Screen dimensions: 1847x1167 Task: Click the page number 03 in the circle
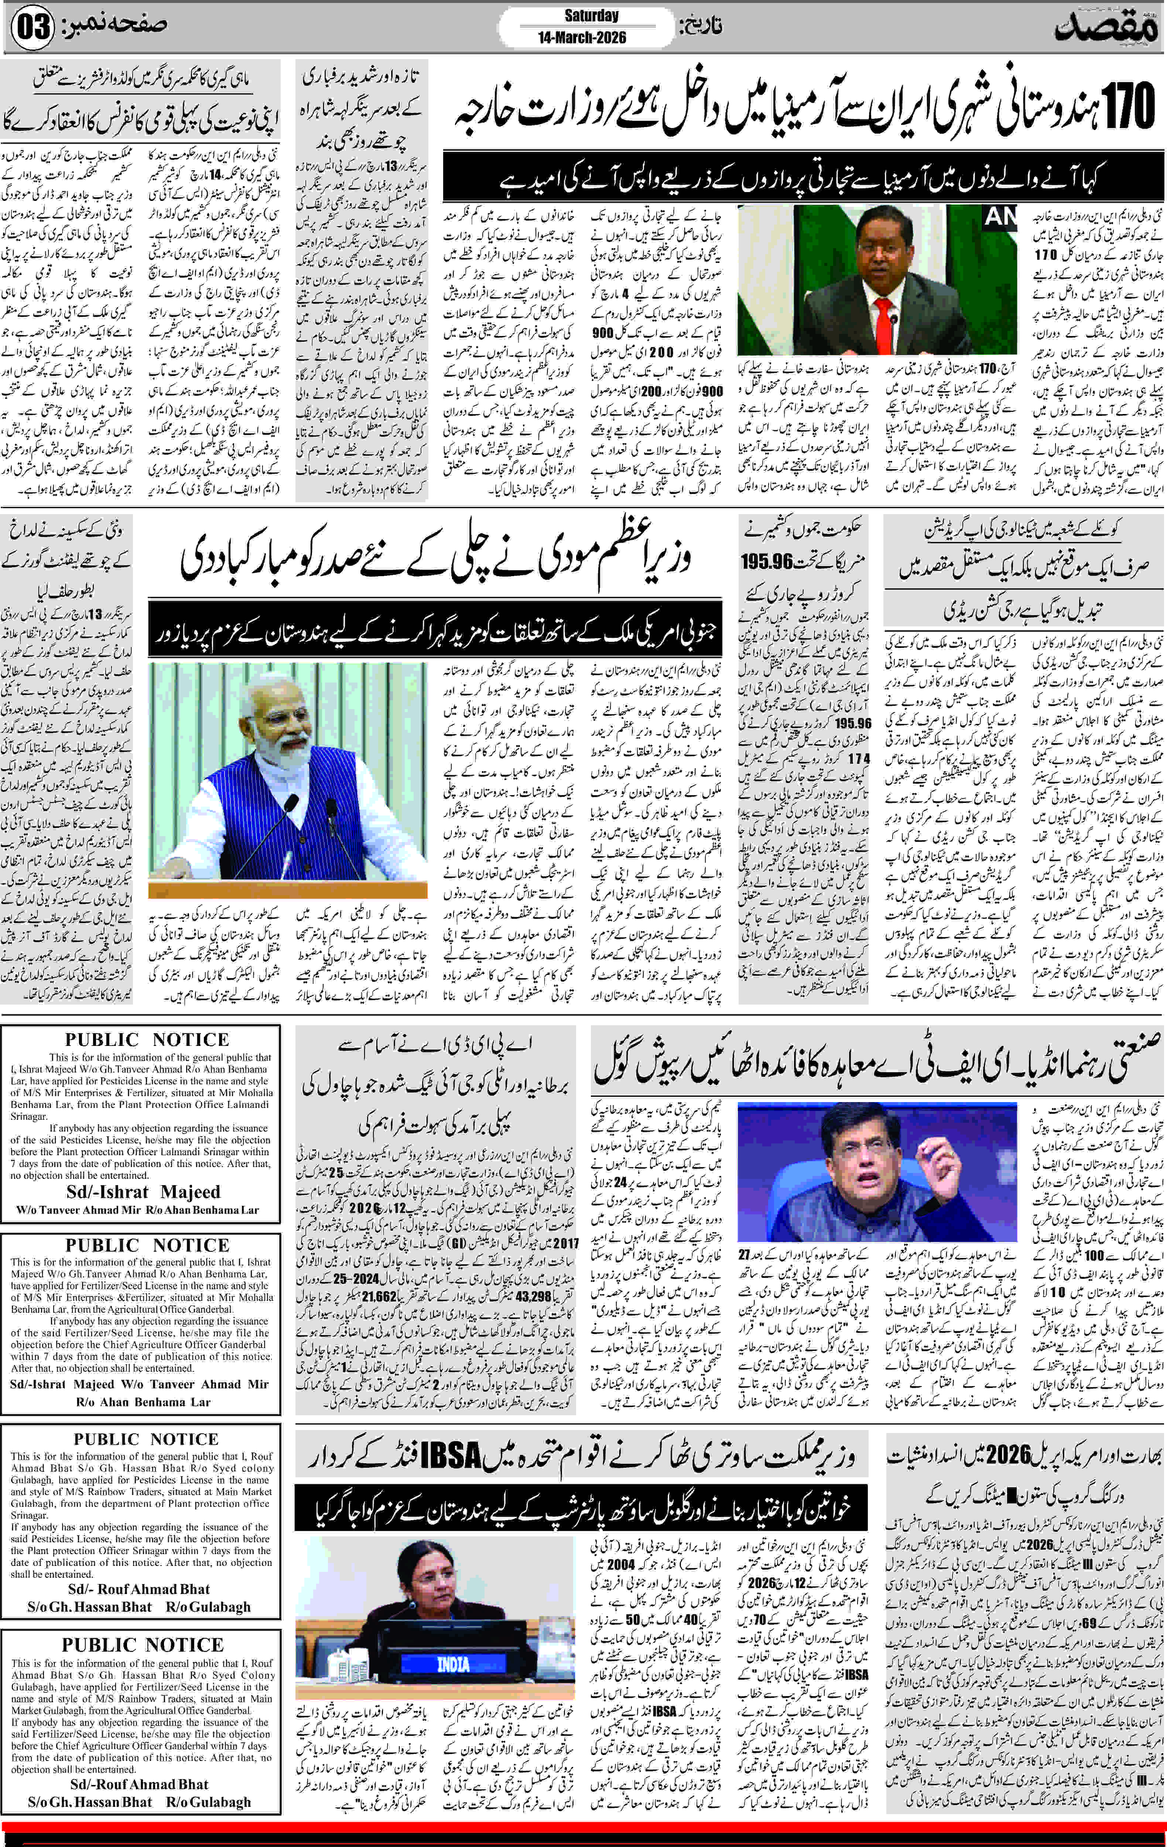coord(32,27)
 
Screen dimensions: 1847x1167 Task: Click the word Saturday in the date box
coord(591,16)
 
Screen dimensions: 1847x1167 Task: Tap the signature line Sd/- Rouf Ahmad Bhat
coord(139,1588)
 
